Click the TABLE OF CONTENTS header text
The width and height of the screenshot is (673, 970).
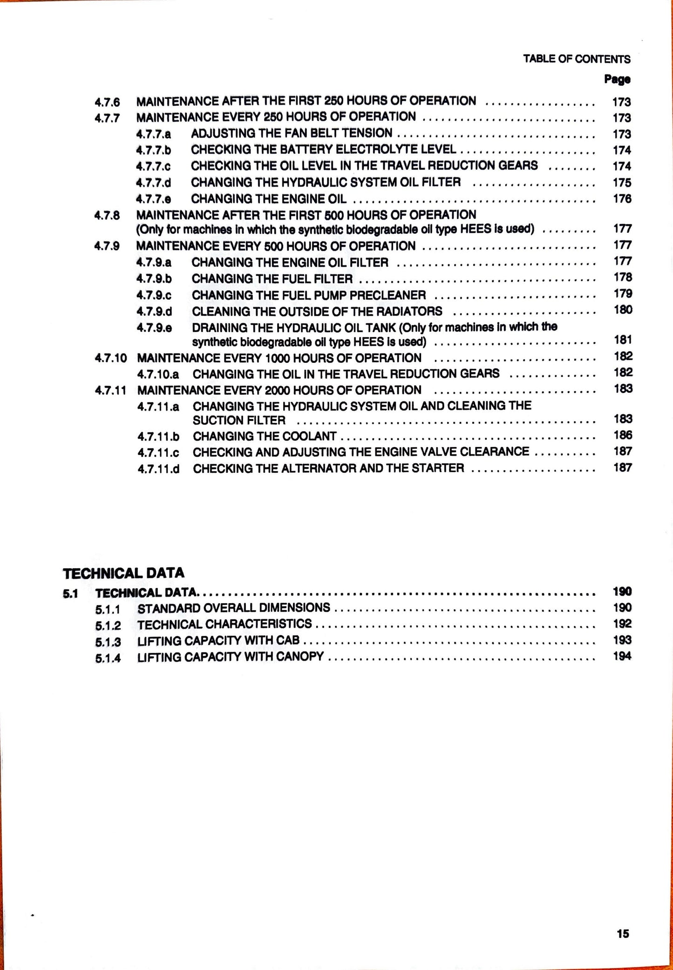point(577,59)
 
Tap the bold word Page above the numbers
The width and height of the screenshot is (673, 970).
point(617,79)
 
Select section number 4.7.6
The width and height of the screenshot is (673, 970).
point(107,102)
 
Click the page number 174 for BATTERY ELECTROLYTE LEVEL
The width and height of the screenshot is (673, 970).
point(622,150)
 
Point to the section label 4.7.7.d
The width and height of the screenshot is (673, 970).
point(154,183)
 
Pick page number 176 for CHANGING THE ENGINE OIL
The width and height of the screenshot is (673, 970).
point(622,199)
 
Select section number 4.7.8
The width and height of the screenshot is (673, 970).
point(107,216)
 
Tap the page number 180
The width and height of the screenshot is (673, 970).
point(623,310)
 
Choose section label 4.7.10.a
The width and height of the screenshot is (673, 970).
point(158,374)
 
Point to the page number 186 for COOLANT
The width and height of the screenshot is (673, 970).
point(623,435)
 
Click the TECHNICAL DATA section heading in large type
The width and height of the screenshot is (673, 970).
point(123,573)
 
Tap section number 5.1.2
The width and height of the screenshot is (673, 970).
point(108,625)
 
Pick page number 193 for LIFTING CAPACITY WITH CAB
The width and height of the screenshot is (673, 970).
point(622,640)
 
